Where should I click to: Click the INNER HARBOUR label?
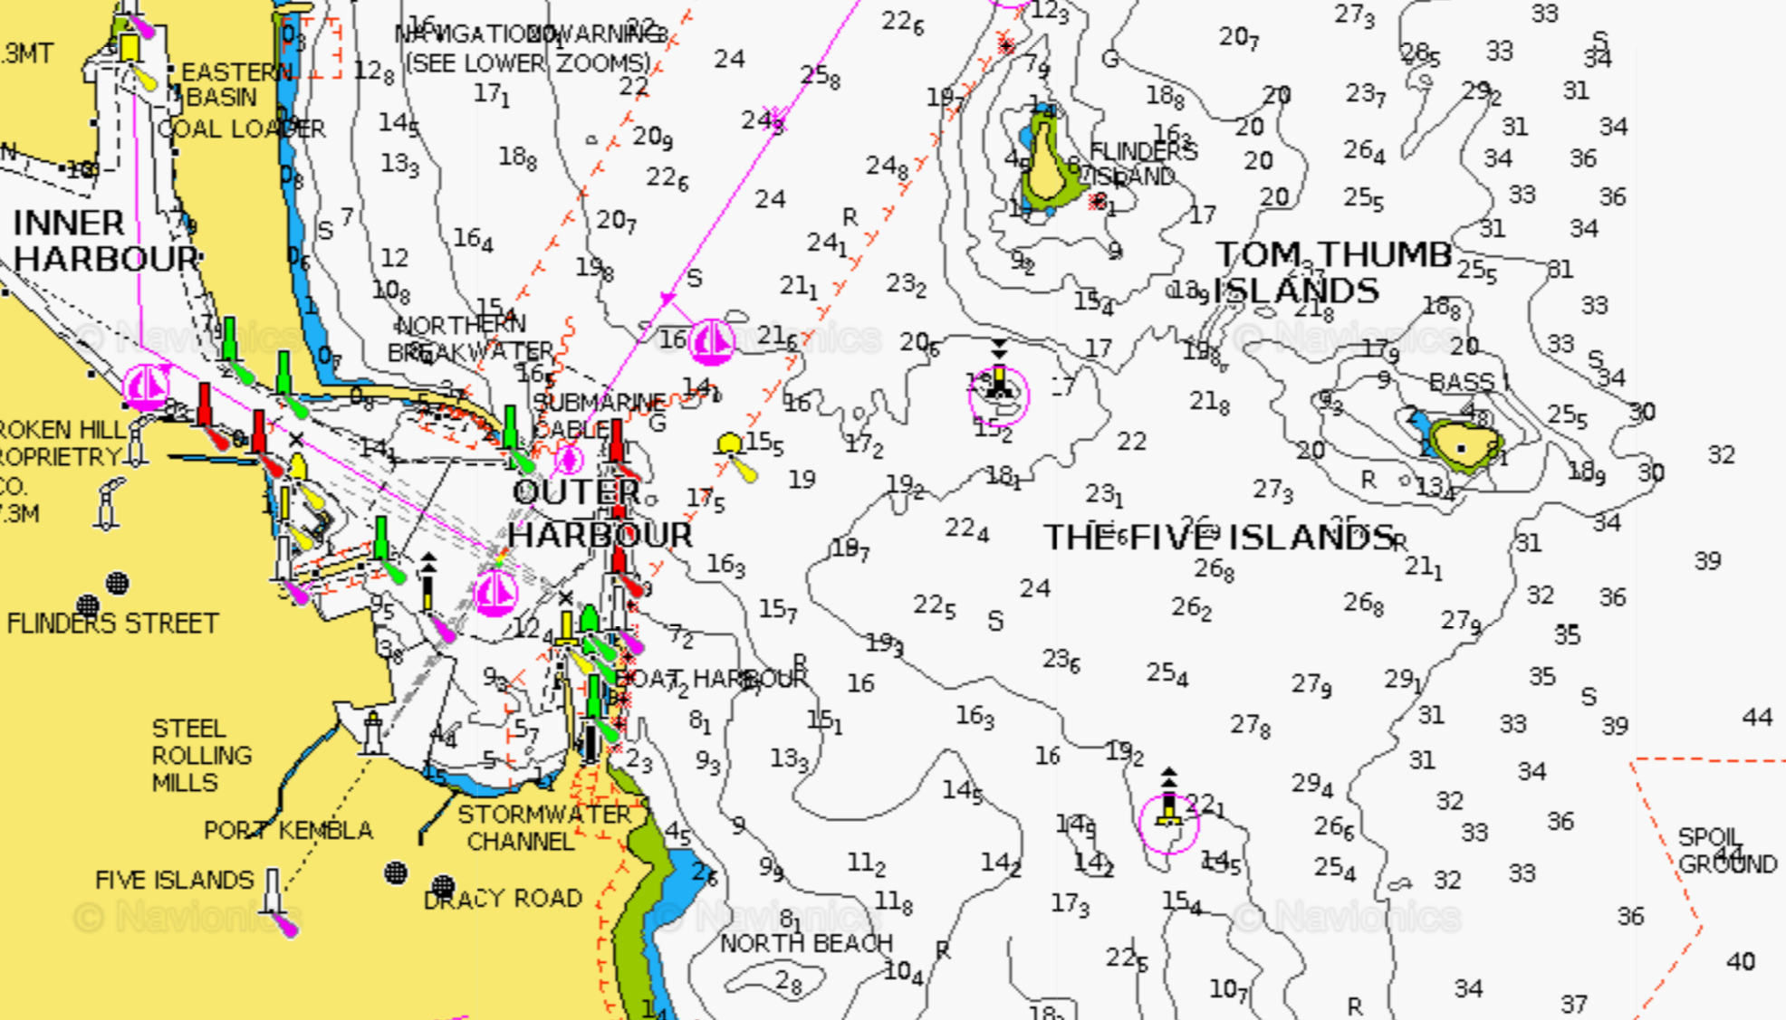[x=104, y=241]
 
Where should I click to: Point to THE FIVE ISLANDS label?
[x=1218, y=538]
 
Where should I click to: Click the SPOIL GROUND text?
[x=1725, y=851]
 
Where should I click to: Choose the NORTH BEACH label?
[x=806, y=944]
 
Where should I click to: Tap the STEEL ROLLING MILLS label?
[x=201, y=756]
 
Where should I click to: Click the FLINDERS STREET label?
[x=112, y=624]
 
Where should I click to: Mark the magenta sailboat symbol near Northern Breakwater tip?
[x=712, y=341]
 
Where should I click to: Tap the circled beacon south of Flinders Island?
[x=999, y=391]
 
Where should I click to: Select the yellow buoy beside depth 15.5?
[x=730, y=444]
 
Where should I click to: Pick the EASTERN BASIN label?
[x=234, y=84]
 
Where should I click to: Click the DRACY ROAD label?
[x=503, y=899]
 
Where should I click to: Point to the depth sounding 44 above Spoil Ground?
[x=1757, y=718]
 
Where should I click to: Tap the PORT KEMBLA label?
[x=288, y=831]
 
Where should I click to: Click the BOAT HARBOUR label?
[x=711, y=679]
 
